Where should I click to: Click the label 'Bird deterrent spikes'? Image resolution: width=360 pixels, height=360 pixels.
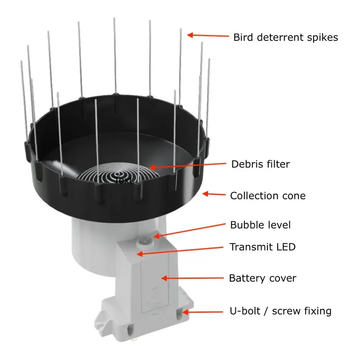pyautogui.click(x=285, y=37)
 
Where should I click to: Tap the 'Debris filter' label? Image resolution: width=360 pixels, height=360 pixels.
pyautogui.click(x=261, y=164)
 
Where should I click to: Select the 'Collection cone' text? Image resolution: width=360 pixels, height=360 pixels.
pyautogui.click(x=268, y=196)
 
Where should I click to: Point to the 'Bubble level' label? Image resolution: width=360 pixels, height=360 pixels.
pyautogui.click(x=261, y=225)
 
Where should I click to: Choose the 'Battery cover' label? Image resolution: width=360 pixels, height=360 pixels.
pyautogui.click(x=263, y=278)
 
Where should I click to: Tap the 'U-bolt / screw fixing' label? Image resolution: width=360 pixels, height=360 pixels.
pyautogui.click(x=280, y=310)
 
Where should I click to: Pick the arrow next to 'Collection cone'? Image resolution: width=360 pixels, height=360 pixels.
pyautogui.click(x=214, y=194)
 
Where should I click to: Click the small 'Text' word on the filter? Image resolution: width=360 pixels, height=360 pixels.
pyautogui.click(x=123, y=181)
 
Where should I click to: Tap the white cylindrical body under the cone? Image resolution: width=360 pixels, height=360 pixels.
pyautogui.click(x=90, y=243)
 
